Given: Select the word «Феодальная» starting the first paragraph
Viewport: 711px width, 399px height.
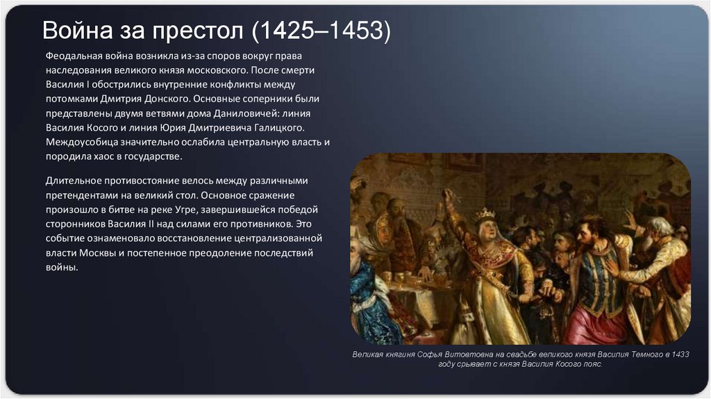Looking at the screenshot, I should [75, 56].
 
